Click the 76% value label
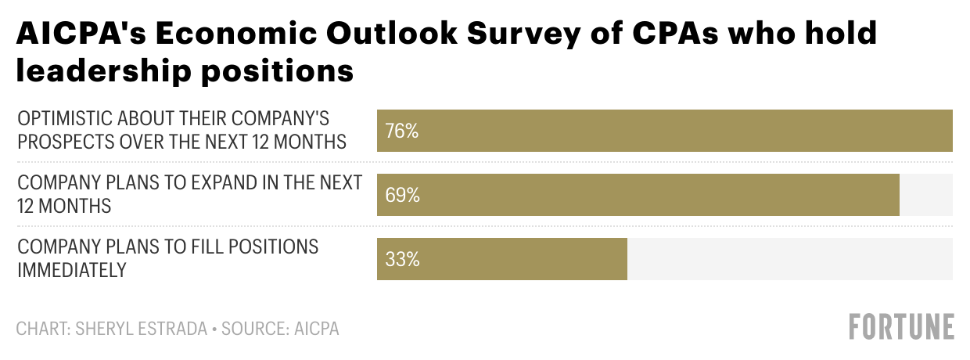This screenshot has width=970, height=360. (401, 131)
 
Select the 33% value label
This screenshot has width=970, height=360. (401, 259)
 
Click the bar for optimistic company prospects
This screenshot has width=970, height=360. (665, 131)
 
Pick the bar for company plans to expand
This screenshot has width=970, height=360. (638, 195)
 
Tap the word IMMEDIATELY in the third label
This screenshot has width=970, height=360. (72, 270)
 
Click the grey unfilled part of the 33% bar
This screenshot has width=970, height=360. (790, 259)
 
